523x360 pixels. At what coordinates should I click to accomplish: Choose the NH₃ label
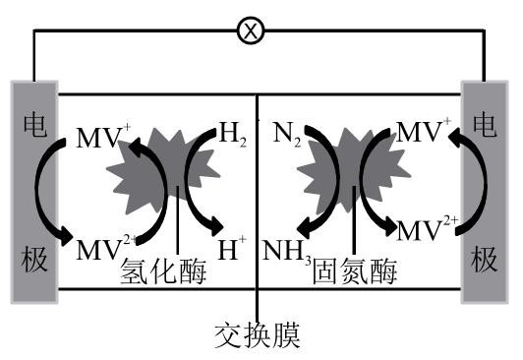286,252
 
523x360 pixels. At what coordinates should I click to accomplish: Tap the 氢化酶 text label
164,272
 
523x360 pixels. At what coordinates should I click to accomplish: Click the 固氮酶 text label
355,272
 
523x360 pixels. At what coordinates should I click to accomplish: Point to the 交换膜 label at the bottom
258,335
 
